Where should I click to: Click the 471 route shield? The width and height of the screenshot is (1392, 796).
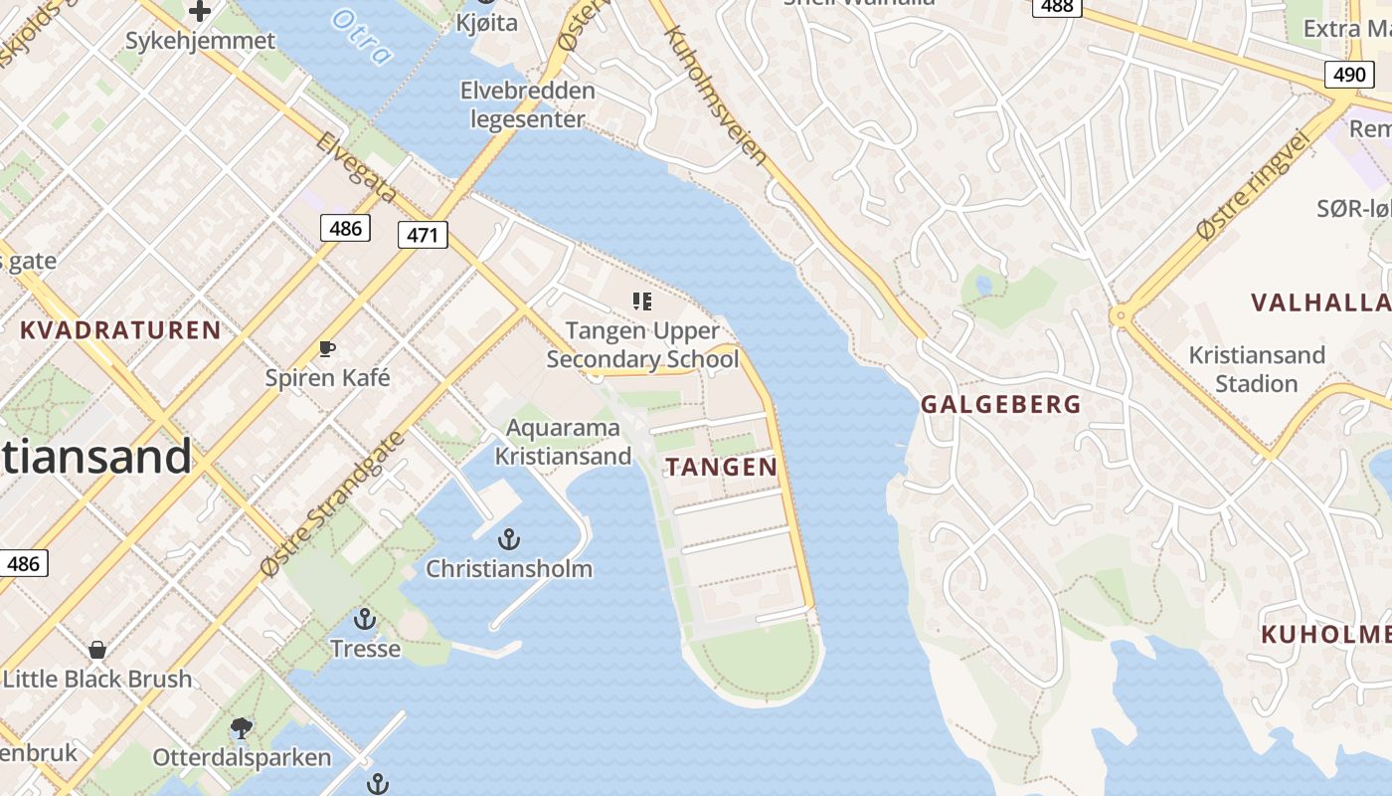click(423, 235)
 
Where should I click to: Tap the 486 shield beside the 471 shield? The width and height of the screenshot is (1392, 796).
click(345, 228)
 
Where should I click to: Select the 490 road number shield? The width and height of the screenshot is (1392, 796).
click(1347, 74)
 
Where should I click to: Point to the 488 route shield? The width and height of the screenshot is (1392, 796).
click(1057, 7)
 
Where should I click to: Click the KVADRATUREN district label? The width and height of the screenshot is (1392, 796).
click(120, 330)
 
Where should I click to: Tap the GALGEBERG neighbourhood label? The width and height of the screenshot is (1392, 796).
click(1000, 404)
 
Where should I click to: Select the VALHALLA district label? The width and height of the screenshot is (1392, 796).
click(1320, 302)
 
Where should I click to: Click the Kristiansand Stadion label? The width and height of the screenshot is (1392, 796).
click(1257, 369)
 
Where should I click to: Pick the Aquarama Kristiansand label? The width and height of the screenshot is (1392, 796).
click(563, 442)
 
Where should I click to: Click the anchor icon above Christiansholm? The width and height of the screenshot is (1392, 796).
click(509, 539)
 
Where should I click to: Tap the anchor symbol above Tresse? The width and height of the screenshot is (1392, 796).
click(365, 619)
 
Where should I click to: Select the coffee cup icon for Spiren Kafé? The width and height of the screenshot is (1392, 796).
click(327, 348)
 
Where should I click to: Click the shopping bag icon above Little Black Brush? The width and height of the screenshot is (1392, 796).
click(97, 650)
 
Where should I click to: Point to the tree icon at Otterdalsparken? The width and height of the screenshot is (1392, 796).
click(241, 728)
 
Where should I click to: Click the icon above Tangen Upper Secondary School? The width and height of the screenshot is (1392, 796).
click(642, 300)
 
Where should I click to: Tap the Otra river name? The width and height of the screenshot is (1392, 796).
click(362, 37)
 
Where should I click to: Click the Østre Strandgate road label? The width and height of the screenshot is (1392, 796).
click(333, 504)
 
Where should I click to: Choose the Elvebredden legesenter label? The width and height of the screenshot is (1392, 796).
click(527, 104)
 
